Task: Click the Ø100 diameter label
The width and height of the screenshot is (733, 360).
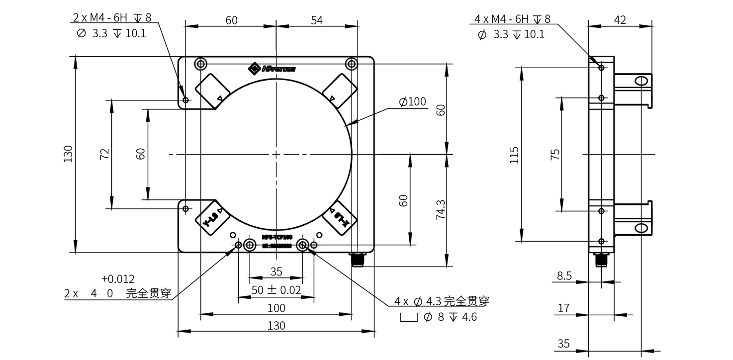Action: click(x=412, y=102)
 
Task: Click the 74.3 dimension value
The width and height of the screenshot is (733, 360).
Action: click(x=440, y=209)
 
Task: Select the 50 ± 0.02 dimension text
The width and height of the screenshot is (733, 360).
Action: click(x=276, y=290)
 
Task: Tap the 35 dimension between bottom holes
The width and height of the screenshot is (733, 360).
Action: click(x=276, y=271)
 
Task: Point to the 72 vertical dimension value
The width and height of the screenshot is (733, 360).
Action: click(x=104, y=154)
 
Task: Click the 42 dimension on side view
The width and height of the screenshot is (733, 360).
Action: click(x=620, y=20)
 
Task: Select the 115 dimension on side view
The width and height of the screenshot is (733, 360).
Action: click(x=514, y=155)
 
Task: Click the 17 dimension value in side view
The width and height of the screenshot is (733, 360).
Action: click(x=563, y=308)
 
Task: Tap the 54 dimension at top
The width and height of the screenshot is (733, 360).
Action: click(x=317, y=20)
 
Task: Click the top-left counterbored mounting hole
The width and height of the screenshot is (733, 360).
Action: click(x=201, y=64)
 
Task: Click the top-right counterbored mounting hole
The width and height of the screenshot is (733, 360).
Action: click(x=351, y=64)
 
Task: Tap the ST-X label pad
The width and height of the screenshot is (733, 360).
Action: click(x=340, y=218)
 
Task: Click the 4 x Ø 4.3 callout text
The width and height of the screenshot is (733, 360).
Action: click(x=442, y=301)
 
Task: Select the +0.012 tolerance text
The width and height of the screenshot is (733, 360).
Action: click(x=118, y=279)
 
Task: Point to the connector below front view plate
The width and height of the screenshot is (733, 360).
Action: click(x=358, y=259)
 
